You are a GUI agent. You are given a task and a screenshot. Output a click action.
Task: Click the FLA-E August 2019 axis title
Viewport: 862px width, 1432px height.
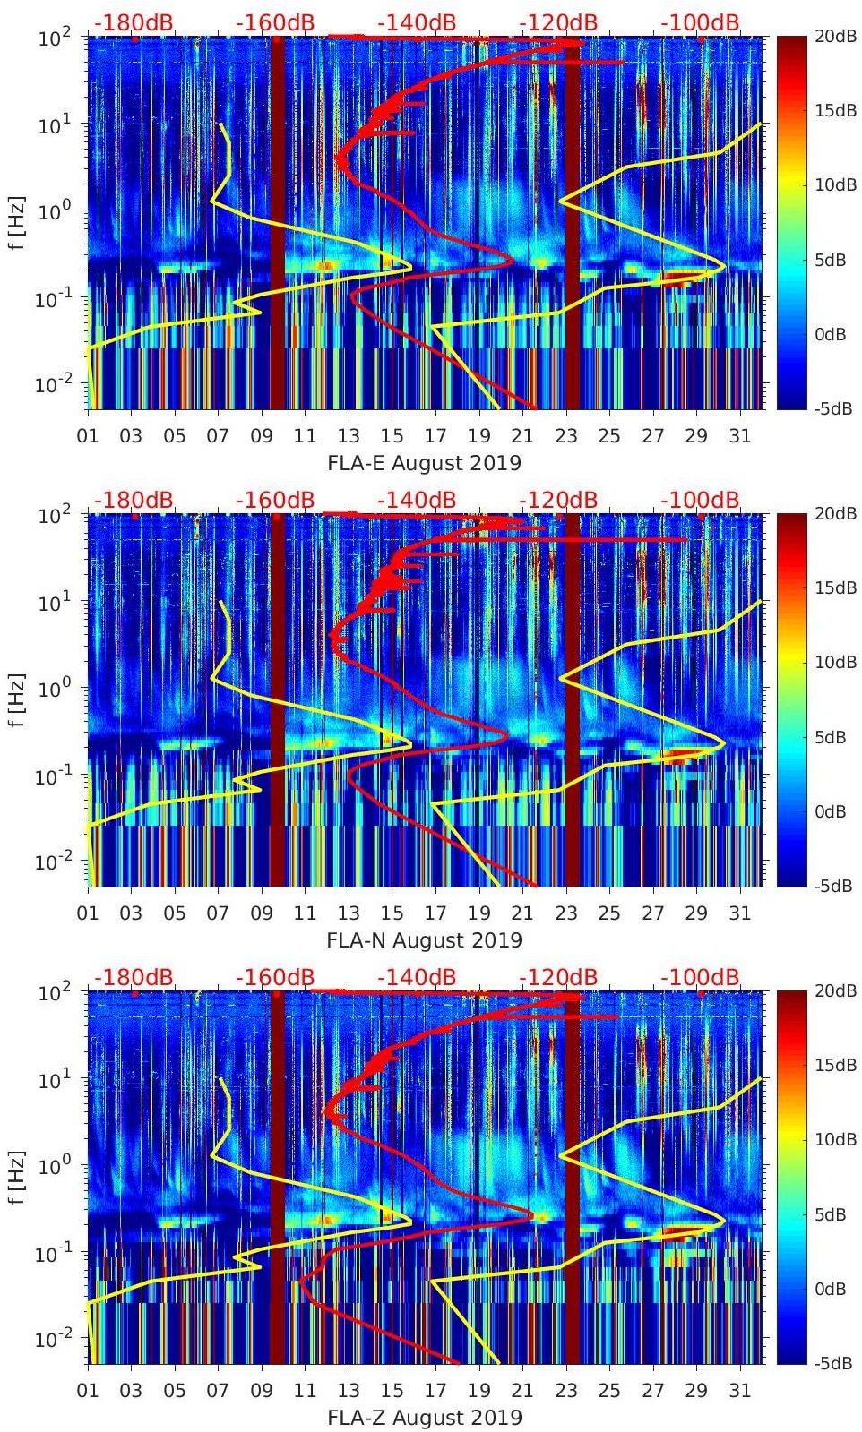tap(424, 463)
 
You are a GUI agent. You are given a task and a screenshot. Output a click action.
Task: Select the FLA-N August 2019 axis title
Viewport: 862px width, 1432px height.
tap(424, 940)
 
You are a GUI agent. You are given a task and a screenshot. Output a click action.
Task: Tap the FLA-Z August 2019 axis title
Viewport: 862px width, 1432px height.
tap(424, 1418)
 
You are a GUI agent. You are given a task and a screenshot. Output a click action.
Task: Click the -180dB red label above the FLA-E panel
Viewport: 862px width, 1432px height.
tap(134, 22)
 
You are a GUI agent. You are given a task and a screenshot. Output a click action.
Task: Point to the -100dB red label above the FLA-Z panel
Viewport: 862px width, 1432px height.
tap(700, 977)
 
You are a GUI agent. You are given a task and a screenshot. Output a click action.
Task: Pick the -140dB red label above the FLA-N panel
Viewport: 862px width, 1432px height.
tap(417, 500)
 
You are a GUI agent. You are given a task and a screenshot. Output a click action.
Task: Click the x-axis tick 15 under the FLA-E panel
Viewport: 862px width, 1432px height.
tap(392, 436)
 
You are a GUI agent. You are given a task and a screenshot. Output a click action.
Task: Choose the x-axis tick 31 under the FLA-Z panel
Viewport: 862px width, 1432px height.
tap(739, 1391)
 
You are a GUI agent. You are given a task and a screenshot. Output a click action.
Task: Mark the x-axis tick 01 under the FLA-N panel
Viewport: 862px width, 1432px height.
tap(88, 913)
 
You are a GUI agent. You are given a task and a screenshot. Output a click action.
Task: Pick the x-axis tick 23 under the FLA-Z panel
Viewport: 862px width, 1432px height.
tap(565, 1391)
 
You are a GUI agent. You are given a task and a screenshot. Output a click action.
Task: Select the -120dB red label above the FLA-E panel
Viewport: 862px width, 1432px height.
tap(558, 22)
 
